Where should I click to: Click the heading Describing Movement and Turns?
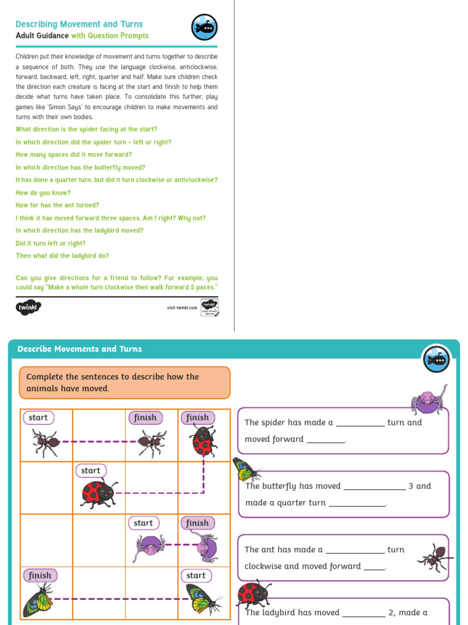coord(79,24)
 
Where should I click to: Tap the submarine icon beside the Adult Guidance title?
coord(204,27)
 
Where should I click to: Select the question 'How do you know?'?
coord(43,193)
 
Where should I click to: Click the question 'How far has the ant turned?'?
coord(57,206)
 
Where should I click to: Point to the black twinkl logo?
coord(28,307)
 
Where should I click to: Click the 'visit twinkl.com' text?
coord(182,308)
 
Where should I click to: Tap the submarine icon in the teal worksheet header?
coord(436,359)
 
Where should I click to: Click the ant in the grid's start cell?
coord(46,441)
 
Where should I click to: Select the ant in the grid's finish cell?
coord(151,441)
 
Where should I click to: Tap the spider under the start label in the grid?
coord(149,547)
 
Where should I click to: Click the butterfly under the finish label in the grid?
coord(38,600)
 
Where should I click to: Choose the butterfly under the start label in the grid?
coord(202,599)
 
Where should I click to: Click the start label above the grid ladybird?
coord(91,471)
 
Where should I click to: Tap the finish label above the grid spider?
coord(197,523)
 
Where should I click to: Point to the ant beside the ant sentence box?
coord(436,557)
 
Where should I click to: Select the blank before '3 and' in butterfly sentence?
coord(374,487)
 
